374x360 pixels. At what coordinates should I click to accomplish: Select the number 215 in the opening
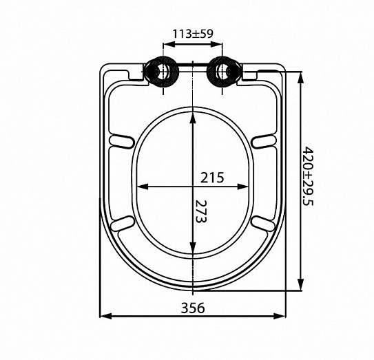click(213, 177)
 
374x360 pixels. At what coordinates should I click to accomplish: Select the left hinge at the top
click(163, 72)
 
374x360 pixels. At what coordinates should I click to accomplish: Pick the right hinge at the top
click(224, 72)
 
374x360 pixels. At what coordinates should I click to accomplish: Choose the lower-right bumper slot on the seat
click(264, 222)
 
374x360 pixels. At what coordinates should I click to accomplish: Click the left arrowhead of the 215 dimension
click(141, 186)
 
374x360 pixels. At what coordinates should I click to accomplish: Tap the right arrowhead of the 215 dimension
click(245, 186)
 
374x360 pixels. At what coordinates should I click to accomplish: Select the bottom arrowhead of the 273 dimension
click(194, 253)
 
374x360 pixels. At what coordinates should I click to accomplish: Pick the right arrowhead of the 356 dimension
click(283, 316)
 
